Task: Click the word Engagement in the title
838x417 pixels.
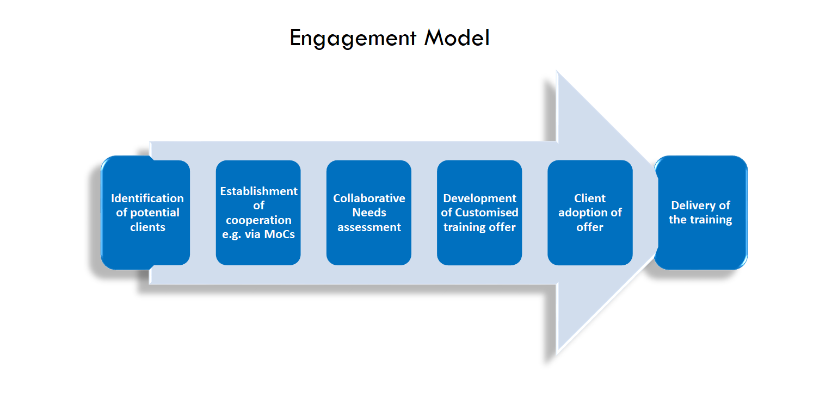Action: (x=353, y=39)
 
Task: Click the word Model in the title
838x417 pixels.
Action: (x=457, y=38)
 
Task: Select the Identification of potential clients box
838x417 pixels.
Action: (x=145, y=213)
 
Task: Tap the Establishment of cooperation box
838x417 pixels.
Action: (x=258, y=213)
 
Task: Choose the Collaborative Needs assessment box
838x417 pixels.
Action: (x=369, y=213)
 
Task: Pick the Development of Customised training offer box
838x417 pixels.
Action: (x=479, y=213)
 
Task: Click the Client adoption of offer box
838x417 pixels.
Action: (x=590, y=213)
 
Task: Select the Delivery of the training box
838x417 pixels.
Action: (x=701, y=213)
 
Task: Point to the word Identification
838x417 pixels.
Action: (x=147, y=198)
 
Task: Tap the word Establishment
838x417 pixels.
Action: (x=258, y=191)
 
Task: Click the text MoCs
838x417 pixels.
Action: (x=280, y=234)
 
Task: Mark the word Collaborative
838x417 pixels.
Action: (x=369, y=198)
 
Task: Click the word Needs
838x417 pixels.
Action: (x=369, y=213)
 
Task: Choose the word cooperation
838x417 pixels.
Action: (x=258, y=220)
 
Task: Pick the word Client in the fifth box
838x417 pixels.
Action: (x=590, y=198)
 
